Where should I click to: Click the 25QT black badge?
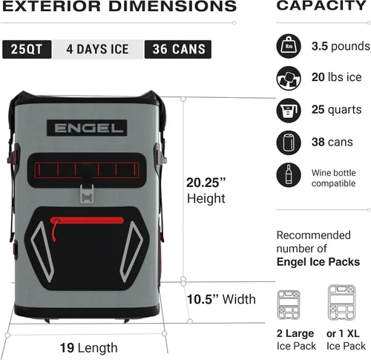pos(27,49)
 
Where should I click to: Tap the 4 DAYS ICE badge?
pos(98,49)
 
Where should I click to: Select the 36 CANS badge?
pos(178,49)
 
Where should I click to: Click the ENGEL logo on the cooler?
pos(87,128)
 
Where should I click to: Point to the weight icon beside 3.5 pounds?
pos(289,46)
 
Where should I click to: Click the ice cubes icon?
pos(289,78)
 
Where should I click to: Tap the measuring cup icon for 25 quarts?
pos(289,111)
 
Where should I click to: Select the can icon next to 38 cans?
pos(289,143)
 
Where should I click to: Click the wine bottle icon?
pos(289,175)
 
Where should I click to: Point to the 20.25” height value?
pos(206,183)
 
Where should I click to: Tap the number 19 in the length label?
pos(67,347)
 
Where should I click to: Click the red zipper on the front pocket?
pos(87,220)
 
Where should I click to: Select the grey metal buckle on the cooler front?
pos(87,194)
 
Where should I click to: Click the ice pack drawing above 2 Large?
pos(289,305)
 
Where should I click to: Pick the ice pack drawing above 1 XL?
pos(341,302)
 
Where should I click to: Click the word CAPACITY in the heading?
pos(321,5)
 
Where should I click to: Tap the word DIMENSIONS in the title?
pos(173,6)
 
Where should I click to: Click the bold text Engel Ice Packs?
pos(318,262)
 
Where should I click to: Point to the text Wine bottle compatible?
pos(334,178)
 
